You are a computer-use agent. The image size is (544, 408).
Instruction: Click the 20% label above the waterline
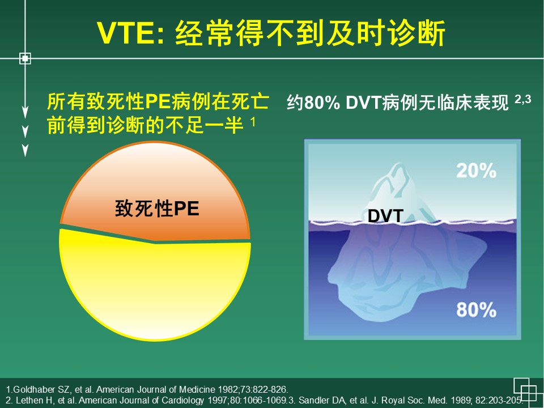476,171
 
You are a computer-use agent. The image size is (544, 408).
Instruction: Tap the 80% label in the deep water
476,309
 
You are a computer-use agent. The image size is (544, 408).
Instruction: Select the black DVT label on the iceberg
385,216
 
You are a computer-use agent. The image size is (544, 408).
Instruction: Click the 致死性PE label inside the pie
157,209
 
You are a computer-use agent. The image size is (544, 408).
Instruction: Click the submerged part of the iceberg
406,271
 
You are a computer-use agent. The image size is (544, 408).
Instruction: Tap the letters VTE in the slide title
126,33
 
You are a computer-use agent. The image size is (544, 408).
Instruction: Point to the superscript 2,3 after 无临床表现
523,99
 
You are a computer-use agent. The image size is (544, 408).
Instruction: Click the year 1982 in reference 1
227,389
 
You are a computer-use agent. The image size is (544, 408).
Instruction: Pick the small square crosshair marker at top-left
25,58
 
